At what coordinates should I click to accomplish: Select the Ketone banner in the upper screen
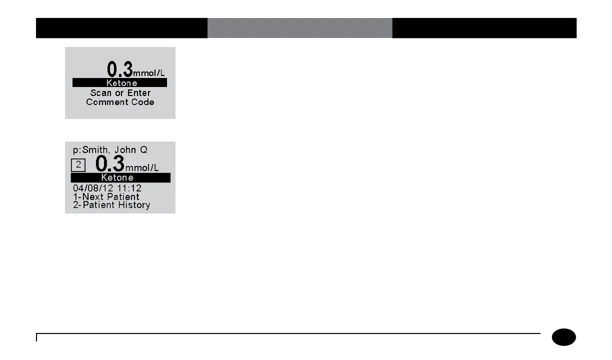120,83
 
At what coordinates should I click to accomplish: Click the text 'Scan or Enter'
120,93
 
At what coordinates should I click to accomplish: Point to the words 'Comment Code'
120,102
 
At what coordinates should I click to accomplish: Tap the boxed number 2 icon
78,164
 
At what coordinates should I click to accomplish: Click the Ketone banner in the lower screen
120,177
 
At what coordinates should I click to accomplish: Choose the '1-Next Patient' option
106,196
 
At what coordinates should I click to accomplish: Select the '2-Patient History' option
111,205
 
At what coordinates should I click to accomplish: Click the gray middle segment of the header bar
299,28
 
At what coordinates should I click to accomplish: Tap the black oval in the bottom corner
564,337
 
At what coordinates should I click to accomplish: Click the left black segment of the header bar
121,28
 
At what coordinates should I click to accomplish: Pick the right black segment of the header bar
484,28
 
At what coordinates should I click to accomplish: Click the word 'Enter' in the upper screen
138,93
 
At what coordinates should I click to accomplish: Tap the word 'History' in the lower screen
133,205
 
